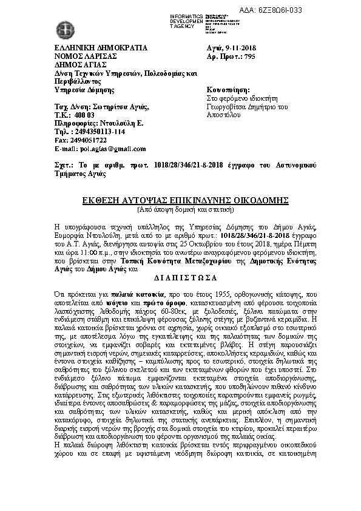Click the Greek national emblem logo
coord(64,29)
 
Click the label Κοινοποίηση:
coord(229,89)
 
